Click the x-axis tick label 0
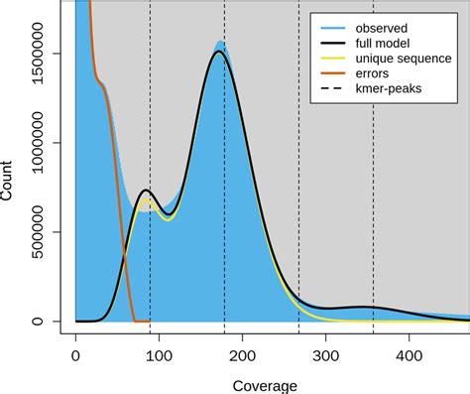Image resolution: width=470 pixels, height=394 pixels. (75, 351)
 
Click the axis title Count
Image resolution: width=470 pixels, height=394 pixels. (9, 183)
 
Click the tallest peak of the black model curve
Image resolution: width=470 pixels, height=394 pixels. (218, 52)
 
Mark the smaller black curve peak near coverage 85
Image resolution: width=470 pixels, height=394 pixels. (146, 191)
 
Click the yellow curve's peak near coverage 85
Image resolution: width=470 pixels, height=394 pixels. (147, 200)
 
